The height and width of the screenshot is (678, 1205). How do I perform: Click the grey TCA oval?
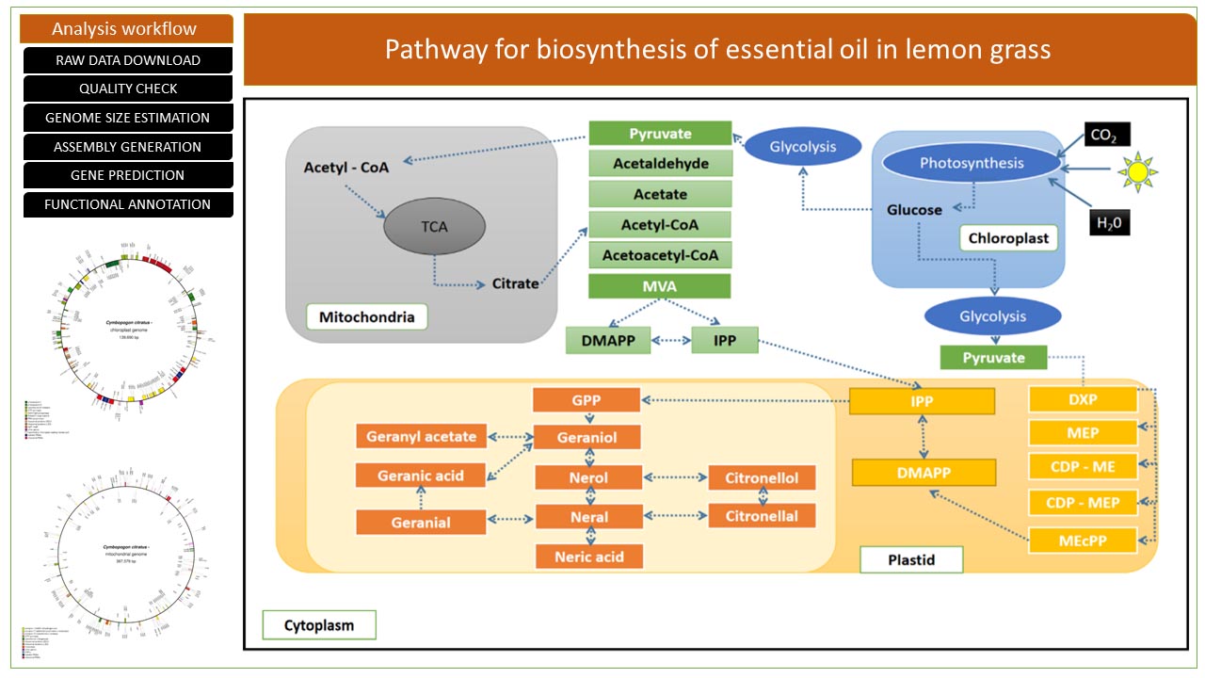435,227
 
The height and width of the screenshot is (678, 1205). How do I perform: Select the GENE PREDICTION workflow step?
127,175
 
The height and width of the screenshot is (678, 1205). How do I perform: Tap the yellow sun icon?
1138,172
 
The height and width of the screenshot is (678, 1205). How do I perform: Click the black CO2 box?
1106,135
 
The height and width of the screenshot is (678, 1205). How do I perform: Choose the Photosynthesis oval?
972,163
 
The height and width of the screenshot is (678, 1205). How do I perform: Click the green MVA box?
659,285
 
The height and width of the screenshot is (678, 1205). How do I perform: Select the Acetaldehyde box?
659,164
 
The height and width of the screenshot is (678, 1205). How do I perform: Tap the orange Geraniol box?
588,437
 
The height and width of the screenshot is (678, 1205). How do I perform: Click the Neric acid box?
588,557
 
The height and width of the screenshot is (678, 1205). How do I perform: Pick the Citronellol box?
762,477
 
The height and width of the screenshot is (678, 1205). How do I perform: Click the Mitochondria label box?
366,316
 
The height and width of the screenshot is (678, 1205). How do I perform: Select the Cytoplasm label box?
317,624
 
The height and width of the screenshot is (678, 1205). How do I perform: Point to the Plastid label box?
911,560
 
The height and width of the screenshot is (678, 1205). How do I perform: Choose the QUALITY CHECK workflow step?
127,89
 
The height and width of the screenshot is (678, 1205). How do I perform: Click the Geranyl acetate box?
421,437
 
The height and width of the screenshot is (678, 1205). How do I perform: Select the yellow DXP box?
1083,399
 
